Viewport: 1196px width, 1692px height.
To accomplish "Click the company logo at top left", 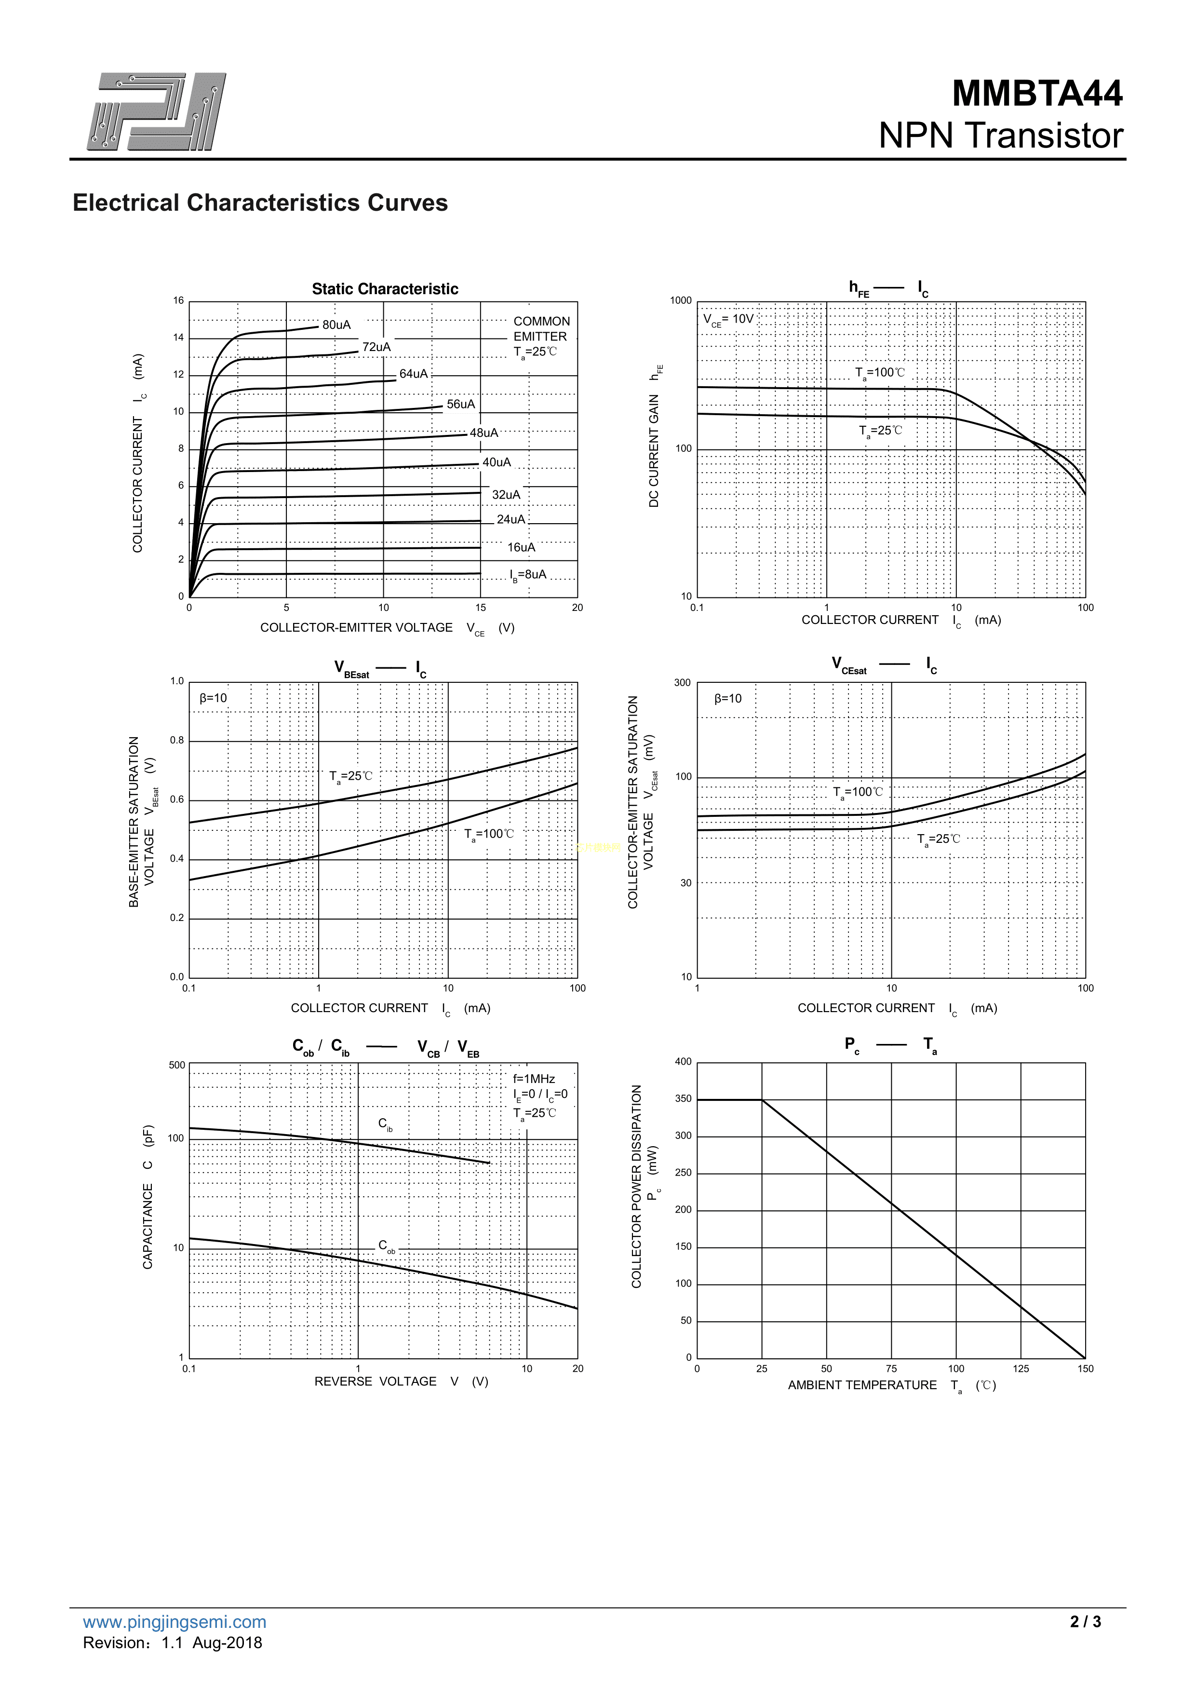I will coord(156,111).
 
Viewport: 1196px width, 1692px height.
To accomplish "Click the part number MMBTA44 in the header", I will coord(1037,94).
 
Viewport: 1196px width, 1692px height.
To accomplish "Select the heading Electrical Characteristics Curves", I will coord(259,203).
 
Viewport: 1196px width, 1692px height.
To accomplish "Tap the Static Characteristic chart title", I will coord(385,289).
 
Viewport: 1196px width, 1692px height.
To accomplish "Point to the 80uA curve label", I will coord(336,325).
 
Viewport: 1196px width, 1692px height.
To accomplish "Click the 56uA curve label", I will coord(460,404).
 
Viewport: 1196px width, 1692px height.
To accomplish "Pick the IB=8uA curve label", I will coord(528,575).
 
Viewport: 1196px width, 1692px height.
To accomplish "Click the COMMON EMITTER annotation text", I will coord(541,329).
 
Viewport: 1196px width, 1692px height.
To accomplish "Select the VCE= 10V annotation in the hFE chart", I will coord(728,319).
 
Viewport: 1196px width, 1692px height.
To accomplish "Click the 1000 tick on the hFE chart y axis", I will coord(681,301).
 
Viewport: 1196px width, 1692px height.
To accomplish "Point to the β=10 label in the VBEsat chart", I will coord(213,698).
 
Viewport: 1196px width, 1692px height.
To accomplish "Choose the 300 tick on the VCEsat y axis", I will coord(683,682).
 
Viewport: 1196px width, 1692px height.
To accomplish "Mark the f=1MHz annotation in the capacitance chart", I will coord(534,1079).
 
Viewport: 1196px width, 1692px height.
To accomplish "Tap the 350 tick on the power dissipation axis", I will coord(683,1099).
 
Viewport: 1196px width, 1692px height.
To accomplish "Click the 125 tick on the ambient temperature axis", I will coord(1021,1368).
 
